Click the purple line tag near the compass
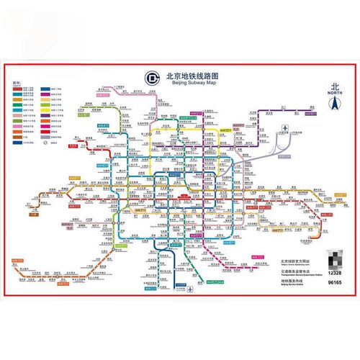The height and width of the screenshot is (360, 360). [x=311, y=113]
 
